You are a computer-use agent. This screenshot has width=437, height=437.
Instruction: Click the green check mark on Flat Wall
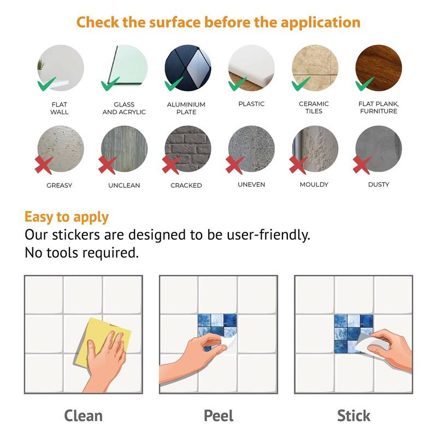pyautogui.click(x=46, y=84)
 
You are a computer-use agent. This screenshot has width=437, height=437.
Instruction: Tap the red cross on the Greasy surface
pyautogui.click(x=44, y=165)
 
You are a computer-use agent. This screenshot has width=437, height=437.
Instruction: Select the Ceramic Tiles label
pyautogui.click(x=314, y=108)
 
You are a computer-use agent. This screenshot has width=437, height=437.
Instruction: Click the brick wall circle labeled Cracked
pyautogui.click(x=188, y=149)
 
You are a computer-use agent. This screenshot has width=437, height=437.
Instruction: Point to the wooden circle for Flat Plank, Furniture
pyautogui.click(x=379, y=68)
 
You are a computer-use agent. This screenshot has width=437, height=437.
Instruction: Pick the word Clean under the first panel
pyautogui.click(x=84, y=416)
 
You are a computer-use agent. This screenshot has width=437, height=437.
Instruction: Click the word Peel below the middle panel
pyautogui.click(x=218, y=416)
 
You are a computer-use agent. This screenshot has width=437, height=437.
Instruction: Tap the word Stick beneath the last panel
pyautogui.click(x=353, y=416)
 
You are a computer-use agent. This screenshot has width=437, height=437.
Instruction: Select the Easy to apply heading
pyautogui.click(x=66, y=217)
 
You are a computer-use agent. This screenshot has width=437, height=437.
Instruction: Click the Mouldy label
pyautogui.click(x=314, y=185)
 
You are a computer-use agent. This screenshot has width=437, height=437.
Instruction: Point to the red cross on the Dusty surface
pyautogui.click(x=362, y=165)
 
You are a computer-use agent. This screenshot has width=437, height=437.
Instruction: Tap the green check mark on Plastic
pyautogui.click(x=238, y=84)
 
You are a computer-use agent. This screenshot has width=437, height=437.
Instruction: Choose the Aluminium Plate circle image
pyautogui.click(x=188, y=68)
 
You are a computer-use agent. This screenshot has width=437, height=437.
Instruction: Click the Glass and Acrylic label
pyautogui.click(x=124, y=108)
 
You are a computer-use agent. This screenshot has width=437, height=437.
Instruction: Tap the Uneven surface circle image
pyautogui.click(x=251, y=149)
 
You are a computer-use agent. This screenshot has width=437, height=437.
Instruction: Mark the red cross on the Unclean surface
pyautogui.click(x=107, y=165)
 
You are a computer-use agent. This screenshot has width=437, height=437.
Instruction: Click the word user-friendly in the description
pyautogui.click(x=268, y=235)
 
